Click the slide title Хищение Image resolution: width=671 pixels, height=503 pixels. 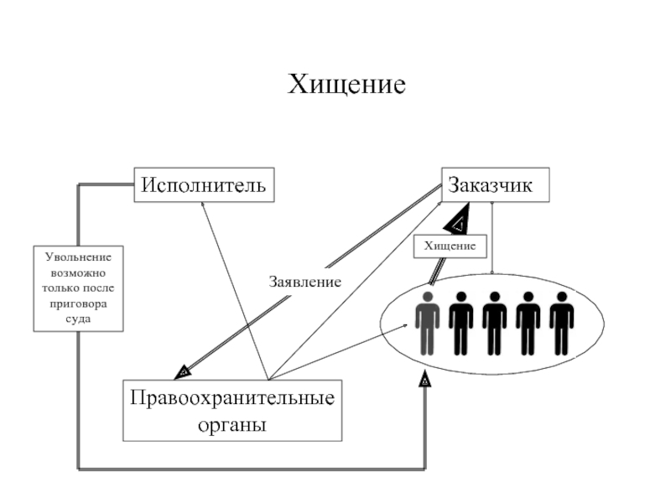[x=347, y=85]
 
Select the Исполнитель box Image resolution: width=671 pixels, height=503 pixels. [x=204, y=185]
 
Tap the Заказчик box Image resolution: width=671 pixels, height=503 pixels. [x=495, y=185]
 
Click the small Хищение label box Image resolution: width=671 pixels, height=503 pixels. [x=450, y=246]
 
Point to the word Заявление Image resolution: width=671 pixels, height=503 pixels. [x=304, y=282]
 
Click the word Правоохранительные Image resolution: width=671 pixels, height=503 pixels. [x=232, y=397]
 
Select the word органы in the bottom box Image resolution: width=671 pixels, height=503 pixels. [x=232, y=425]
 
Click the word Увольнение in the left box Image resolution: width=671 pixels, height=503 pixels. [x=79, y=257]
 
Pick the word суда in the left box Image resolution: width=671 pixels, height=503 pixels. [x=79, y=319]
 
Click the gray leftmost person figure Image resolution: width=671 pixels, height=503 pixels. [x=428, y=322]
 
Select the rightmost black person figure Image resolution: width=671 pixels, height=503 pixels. [x=561, y=322]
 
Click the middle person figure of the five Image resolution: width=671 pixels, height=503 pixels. [x=494, y=322]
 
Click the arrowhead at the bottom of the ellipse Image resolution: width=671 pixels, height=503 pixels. [x=425, y=381]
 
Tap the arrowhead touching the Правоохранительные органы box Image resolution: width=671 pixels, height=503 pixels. [x=182, y=371]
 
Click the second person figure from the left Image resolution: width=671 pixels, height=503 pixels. [x=460, y=322]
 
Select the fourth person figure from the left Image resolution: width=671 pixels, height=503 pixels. [x=528, y=322]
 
